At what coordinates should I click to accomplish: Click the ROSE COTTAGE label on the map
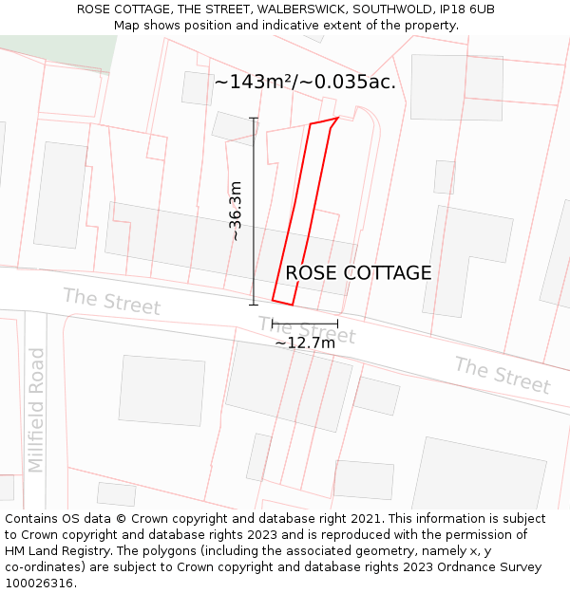pyautogui.click(x=358, y=273)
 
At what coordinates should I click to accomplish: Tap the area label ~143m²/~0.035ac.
pyautogui.click(x=305, y=82)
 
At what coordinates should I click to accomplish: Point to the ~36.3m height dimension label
pyautogui.click(x=236, y=212)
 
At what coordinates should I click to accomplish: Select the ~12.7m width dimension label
pyautogui.click(x=305, y=343)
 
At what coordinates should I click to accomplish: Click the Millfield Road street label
pyautogui.click(x=37, y=410)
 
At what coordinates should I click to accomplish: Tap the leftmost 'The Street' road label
pyautogui.click(x=111, y=301)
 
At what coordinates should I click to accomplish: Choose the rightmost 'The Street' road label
pyautogui.click(x=502, y=375)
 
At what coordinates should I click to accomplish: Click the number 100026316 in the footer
pyautogui.click(x=39, y=583)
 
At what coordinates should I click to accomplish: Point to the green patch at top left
pyautogui.click(x=57, y=52)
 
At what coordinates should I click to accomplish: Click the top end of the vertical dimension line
pyautogui.click(x=254, y=118)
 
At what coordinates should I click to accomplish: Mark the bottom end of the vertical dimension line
pyautogui.click(x=254, y=305)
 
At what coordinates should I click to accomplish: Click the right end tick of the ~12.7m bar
pyautogui.click(x=337, y=324)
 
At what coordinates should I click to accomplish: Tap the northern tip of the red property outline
pyautogui.click(x=338, y=119)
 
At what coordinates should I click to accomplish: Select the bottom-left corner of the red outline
pyautogui.click(x=273, y=301)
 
